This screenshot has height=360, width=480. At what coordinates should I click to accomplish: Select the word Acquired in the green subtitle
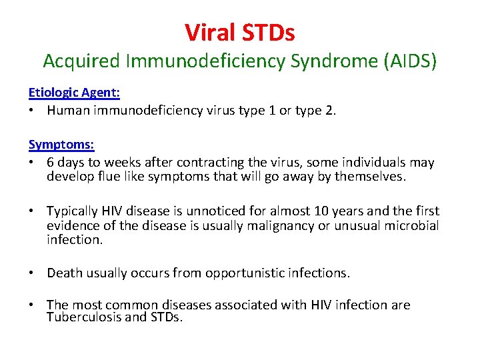click(81, 61)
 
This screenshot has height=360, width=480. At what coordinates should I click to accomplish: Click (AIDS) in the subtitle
click(411, 61)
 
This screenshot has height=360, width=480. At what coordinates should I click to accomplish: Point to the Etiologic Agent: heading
click(74, 93)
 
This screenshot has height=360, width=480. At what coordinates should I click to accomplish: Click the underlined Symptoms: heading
click(61, 144)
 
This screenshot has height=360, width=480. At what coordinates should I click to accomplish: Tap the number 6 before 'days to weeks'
click(51, 162)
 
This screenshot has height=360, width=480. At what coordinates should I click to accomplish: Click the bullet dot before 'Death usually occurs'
click(32, 273)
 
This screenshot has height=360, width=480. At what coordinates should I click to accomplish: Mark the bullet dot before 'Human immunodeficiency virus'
click(32, 110)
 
